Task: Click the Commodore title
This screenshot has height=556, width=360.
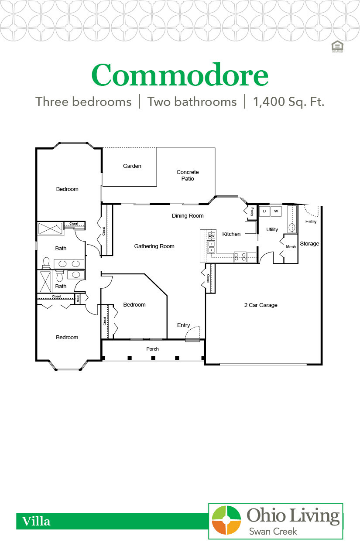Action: pyautogui.click(x=180, y=75)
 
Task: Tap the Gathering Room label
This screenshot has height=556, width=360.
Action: pyautogui.click(x=154, y=246)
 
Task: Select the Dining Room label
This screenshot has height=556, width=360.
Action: pyautogui.click(x=188, y=216)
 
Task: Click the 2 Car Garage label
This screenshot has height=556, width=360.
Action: pyautogui.click(x=261, y=305)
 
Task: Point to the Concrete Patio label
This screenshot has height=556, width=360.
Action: pyautogui.click(x=188, y=175)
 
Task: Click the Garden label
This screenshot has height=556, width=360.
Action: pyautogui.click(x=132, y=166)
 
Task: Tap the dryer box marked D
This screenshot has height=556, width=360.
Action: pyautogui.click(x=264, y=211)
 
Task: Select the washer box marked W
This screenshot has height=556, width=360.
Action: pyautogui.click(x=276, y=211)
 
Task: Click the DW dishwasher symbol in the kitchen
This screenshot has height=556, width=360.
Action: pyautogui.click(x=212, y=235)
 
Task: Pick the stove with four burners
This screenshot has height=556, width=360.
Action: pyautogui.click(x=240, y=256)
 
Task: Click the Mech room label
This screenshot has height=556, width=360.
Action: pyautogui.click(x=291, y=247)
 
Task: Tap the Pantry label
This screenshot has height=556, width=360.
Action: pyautogui.click(x=252, y=211)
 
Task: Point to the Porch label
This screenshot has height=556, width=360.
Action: pyautogui.click(x=153, y=349)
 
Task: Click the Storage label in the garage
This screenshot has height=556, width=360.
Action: pyautogui.click(x=309, y=244)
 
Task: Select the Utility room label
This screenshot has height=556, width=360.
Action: pyautogui.click(x=272, y=229)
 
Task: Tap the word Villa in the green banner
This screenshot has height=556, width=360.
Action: pyautogui.click(x=37, y=521)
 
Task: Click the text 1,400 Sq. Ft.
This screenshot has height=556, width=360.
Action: pyautogui.click(x=288, y=102)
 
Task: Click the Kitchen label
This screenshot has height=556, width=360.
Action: pyautogui.click(x=231, y=234)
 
